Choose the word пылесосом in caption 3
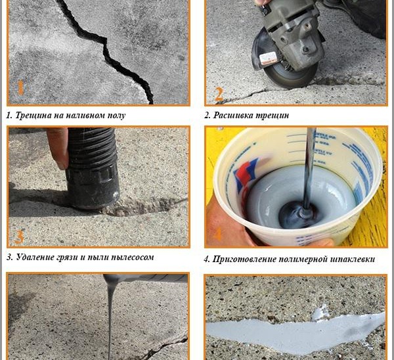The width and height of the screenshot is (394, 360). [x=132, y=258]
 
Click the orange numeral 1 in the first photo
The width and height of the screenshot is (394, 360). [x=20, y=88]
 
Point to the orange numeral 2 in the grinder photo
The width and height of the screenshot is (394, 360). [x=219, y=95]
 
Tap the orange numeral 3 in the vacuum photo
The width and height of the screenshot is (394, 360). [x=19, y=236]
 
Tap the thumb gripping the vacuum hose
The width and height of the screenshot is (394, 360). [x=58, y=148]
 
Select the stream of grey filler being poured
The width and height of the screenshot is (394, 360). [x=110, y=317]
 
